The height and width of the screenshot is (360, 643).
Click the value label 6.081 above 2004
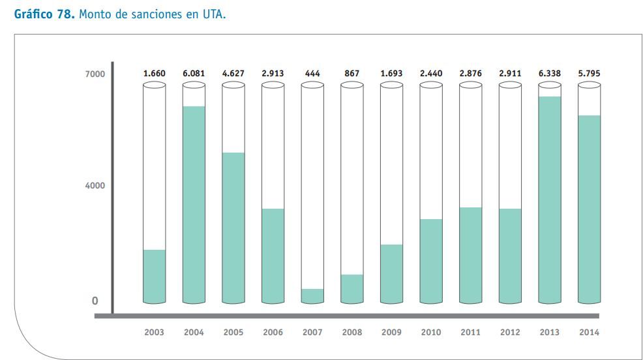tap(194, 74)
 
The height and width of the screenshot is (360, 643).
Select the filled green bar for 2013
tap(549, 199)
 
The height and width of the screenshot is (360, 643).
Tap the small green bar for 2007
tap(312, 296)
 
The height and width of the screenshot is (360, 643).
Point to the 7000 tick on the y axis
tap(95, 74)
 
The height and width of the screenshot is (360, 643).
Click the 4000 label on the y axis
tap(95, 186)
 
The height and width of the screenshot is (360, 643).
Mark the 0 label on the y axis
tap(95, 301)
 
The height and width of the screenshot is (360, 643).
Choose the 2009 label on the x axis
tap(391, 332)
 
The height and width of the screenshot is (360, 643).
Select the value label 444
tap(312, 74)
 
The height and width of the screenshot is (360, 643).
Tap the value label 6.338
tap(549, 74)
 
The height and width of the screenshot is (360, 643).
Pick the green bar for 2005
tap(233, 228)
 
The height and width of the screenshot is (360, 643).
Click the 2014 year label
tap(589, 332)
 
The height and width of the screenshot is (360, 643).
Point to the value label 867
tap(351, 74)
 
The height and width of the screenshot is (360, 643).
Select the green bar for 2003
tap(155, 277)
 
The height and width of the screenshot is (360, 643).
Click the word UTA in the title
tap(215, 14)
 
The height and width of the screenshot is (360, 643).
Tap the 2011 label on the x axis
tap(470, 332)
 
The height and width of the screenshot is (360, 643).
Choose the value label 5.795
tap(589, 74)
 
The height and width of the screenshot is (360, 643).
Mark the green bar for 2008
tap(351, 289)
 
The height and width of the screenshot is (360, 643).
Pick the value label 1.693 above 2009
tap(391, 74)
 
